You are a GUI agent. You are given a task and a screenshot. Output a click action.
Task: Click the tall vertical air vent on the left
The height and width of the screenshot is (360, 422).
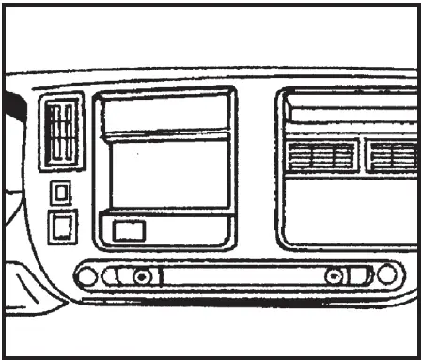pyautogui.click(x=62, y=133)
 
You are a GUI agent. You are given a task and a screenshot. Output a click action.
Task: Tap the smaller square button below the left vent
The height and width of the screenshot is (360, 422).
pyautogui.click(x=60, y=193)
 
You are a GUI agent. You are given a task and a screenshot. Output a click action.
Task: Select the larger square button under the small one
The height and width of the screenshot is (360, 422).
pyautogui.click(x=62, y=226)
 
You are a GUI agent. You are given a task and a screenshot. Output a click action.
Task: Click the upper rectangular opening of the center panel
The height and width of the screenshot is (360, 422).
pyautogui.click(x=165, y=113)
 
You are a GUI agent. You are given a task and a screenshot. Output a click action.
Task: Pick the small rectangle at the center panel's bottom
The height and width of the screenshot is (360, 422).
pyautogui.click(x=127, y=228)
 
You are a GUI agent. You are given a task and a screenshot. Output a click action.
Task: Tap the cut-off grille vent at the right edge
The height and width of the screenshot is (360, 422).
pyautogui.click(x=393, y=155)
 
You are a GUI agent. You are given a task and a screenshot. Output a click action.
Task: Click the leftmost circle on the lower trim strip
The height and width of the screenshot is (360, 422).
pyautogui.click(x=86, y=276)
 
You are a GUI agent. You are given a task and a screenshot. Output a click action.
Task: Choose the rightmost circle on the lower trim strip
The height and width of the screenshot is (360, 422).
pyautogui.click(x=386, y=275)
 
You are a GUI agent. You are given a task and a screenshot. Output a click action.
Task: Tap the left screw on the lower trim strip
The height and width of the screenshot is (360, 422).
pyautogui.click(x=141, y=276)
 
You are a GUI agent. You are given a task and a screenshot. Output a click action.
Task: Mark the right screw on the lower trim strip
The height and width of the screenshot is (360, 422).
pyautogui.click(x=334, y=276)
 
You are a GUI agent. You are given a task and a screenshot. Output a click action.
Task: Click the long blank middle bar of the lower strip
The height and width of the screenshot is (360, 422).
pyautogui.click(x=240, y=276)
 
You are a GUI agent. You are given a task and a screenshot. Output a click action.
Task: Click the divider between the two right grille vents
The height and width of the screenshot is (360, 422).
pyautogui.click(x=362, y=155)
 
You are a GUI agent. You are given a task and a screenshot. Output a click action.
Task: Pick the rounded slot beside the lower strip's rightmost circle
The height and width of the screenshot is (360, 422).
pyautogui.click(x=360, y=276)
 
